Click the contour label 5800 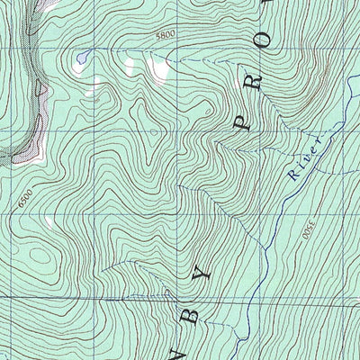coord(164,35)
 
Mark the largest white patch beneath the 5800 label coord(158,68)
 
